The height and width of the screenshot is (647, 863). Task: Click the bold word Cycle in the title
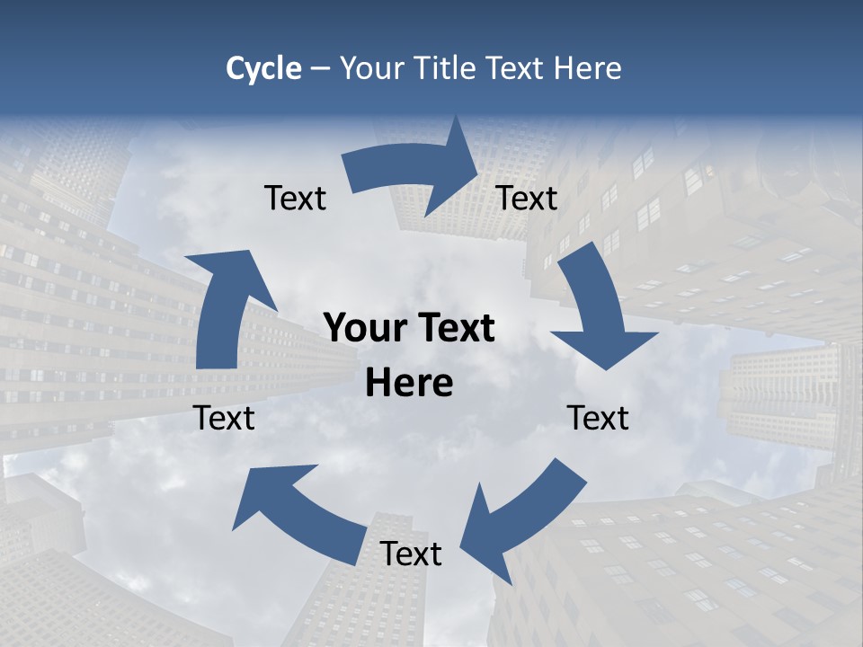pos(263,68)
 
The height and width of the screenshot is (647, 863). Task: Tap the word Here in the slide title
pos(590,68)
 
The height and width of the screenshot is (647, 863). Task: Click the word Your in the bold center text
pos(360,329)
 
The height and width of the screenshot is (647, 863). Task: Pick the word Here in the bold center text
pos(409,384)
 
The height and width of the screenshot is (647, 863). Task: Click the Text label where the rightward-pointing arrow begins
pos(295,199)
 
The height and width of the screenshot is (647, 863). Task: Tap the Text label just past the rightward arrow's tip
pos(527,199)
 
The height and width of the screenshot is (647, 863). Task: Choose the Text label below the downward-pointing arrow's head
pos(598,419)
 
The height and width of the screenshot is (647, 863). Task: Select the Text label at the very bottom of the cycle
pos(411,554)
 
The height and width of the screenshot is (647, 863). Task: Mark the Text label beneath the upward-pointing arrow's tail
pos(224,419)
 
